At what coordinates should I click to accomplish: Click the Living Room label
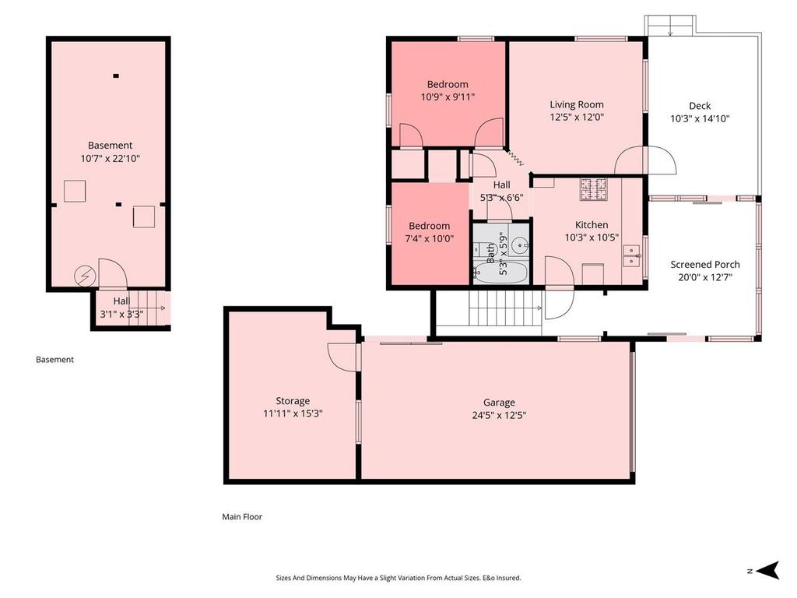[x=576, y=104]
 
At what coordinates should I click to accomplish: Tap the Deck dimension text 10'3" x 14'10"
[x=700, y=119]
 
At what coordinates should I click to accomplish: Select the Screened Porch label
[x=705, y=265]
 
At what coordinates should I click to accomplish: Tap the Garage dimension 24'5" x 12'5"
[x=498, y=415]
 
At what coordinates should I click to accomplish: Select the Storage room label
[x=293, y=401]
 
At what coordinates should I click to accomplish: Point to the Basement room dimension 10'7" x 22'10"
[x=110, y=158]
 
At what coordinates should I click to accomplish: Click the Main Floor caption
[x=242, y=516]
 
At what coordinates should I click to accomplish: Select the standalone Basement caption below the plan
[x=54, y=360]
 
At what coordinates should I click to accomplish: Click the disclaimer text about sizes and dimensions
[x=398, y=578]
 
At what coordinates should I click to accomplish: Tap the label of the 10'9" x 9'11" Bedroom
[x=448, y=84]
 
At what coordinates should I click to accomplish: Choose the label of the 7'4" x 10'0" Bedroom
[x=429, y=226]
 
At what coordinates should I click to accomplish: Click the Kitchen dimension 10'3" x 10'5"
[x=592, y=237]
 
